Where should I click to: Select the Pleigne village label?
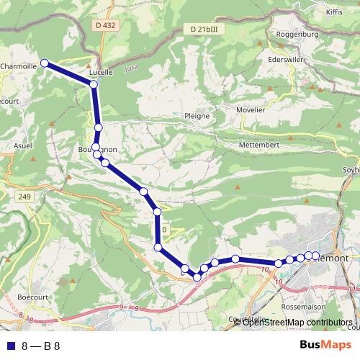tap(197, 115)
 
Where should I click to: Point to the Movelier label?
tap(251, 111)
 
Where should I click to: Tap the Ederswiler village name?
tap(283, 60)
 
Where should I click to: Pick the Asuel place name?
tap(24, 145)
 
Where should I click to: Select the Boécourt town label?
tap(33, 296)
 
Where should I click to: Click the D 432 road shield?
tap(104, 25)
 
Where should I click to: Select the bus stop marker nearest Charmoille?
tap(45, 63)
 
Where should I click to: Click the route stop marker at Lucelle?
tap(94, 85)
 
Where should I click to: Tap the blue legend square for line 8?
tap(9, 345)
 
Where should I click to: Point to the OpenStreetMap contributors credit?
tap(297, 323)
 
